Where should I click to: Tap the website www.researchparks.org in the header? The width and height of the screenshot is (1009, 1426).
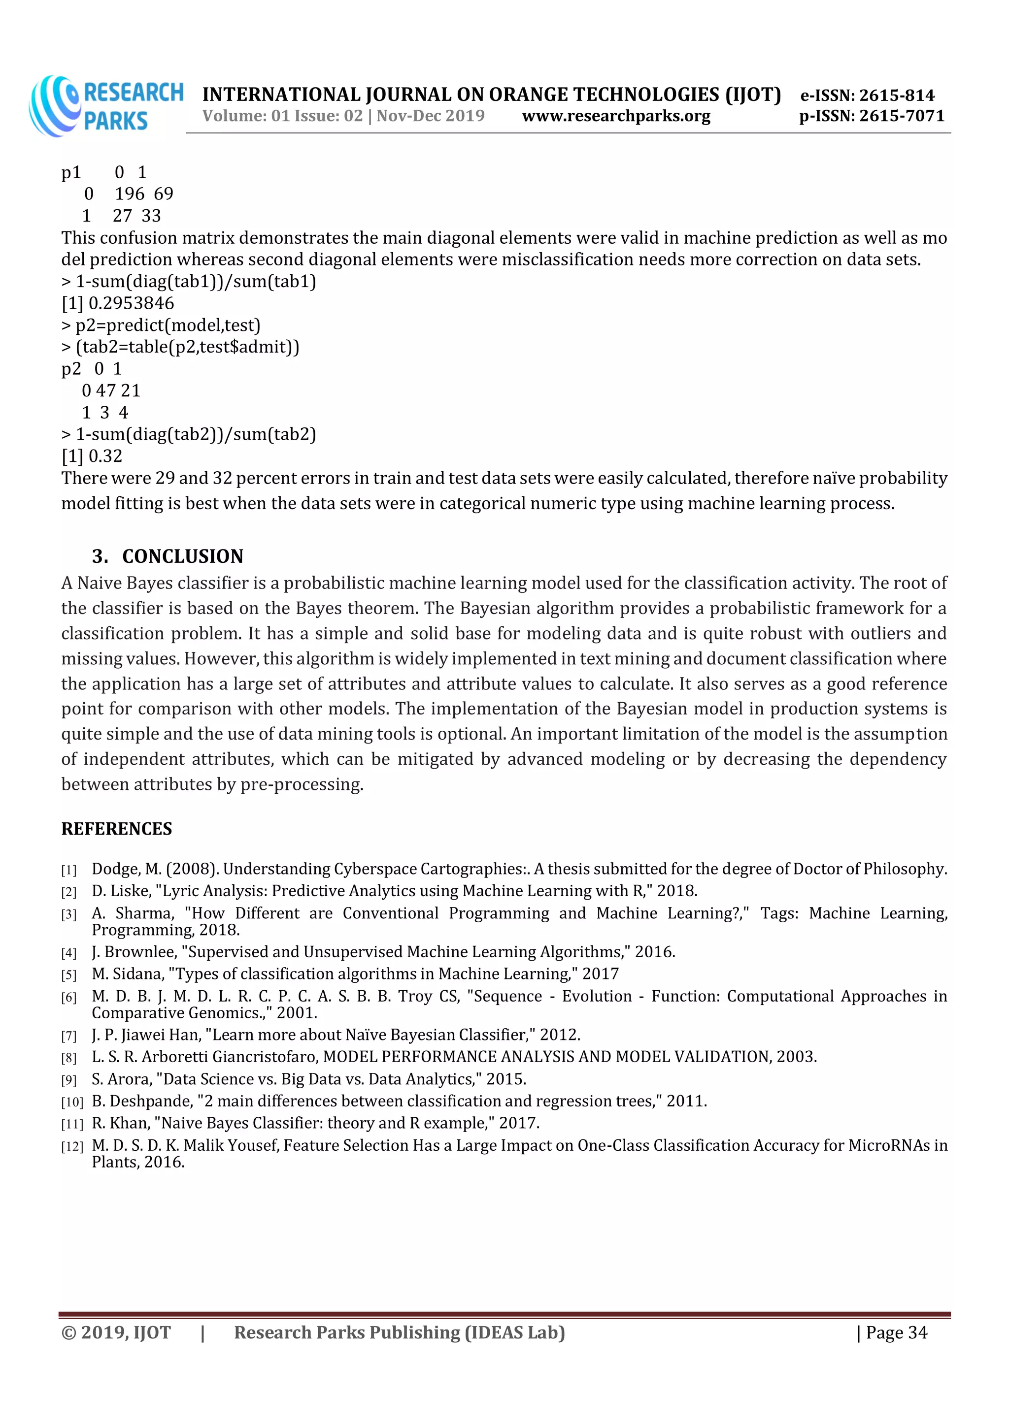(616, 116)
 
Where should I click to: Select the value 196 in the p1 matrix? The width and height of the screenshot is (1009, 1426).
(129, 194)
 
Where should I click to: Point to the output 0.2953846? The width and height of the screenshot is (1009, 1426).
(131, 303)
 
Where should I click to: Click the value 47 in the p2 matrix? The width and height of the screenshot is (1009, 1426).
(105, 390)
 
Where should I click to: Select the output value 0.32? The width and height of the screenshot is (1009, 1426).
(105, 456)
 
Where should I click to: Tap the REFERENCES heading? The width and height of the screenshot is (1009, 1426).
(116, 829)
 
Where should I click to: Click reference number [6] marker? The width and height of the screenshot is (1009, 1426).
(69, 998)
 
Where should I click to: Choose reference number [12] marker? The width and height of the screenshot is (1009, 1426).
(71, 1146)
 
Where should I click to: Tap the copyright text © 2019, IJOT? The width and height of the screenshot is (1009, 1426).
(116, 1333)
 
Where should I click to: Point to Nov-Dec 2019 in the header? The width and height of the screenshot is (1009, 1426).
(430, 116)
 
